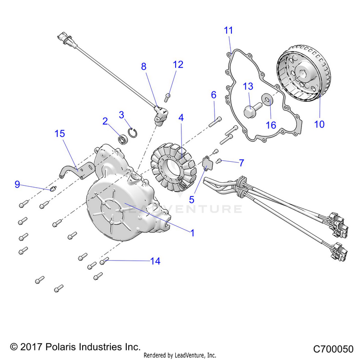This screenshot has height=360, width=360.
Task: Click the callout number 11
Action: [228, 30]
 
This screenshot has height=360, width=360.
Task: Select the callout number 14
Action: [155, 261]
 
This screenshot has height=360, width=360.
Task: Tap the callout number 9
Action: [17, 184]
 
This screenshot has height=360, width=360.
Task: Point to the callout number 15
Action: [60, 133]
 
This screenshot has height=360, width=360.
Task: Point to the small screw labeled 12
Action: [168, 97]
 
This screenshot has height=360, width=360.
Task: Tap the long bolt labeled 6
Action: [216, 122]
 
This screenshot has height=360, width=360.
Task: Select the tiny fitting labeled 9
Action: [53, 189]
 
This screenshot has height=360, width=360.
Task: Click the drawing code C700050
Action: [333, 349]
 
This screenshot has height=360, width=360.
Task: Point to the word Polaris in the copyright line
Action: [60, 347]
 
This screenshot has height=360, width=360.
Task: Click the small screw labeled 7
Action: [218, 161]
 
